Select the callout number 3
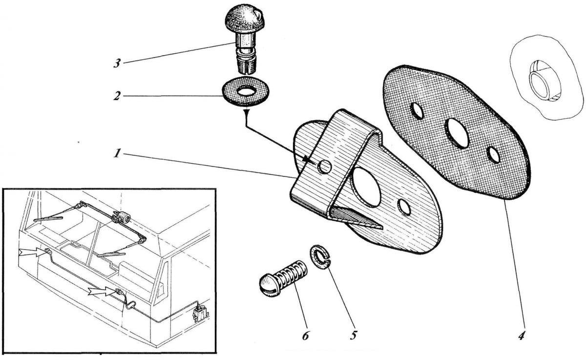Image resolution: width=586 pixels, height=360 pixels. (117, 64)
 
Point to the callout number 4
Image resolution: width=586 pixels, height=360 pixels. (522, 337)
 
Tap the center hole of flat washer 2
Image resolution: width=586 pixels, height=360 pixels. (246, 90)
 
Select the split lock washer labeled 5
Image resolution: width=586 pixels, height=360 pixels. (320, 256)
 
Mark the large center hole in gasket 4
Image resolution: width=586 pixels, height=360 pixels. (459, 132)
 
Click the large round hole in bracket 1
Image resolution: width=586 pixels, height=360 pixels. (365, 185)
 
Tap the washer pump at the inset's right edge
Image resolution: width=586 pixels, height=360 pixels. (200, 313)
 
